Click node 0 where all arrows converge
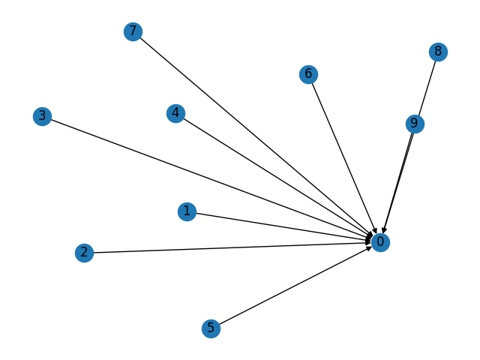[380, 241]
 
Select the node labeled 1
[187, 211]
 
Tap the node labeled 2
[84, 253]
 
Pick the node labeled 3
[42, 115]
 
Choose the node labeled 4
[175, 113]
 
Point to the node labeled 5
[211, 328]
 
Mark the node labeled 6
[307, 73]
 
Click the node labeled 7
[133, 31]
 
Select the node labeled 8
[438, 52]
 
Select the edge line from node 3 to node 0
[211, 178]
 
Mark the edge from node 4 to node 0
[277, 177]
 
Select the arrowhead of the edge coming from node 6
[375, 230]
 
